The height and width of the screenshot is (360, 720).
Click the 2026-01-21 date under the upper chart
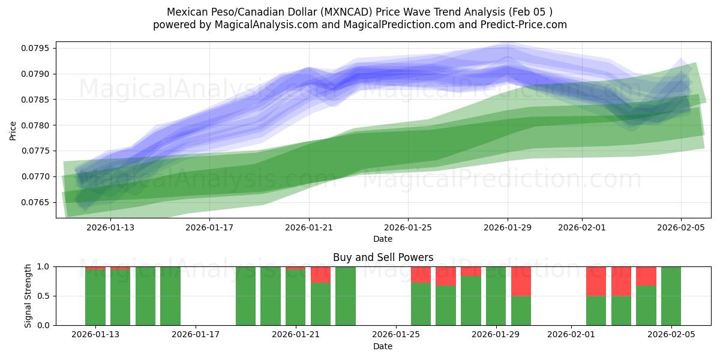click(308, 227)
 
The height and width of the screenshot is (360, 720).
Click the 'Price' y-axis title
click(13, 130)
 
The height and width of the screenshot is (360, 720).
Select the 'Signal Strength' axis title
click(28, 296)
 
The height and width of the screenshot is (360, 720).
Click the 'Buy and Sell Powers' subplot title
click(383, 257)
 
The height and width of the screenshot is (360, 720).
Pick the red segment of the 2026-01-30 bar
click(521, 281)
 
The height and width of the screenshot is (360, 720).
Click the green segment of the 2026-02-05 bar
click(671, 296)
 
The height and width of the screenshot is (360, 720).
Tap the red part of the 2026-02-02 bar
click(596, 281)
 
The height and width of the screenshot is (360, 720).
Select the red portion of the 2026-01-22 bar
click(321, 274)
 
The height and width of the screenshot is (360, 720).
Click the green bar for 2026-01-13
click(95, 298)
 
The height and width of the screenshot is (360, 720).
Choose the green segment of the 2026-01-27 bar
click(446, 305)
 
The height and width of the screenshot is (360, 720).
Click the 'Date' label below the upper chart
click(383, 239)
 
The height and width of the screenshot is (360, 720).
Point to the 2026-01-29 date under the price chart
click(508, 227)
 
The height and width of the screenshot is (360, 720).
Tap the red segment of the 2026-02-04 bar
click(646, 275)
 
